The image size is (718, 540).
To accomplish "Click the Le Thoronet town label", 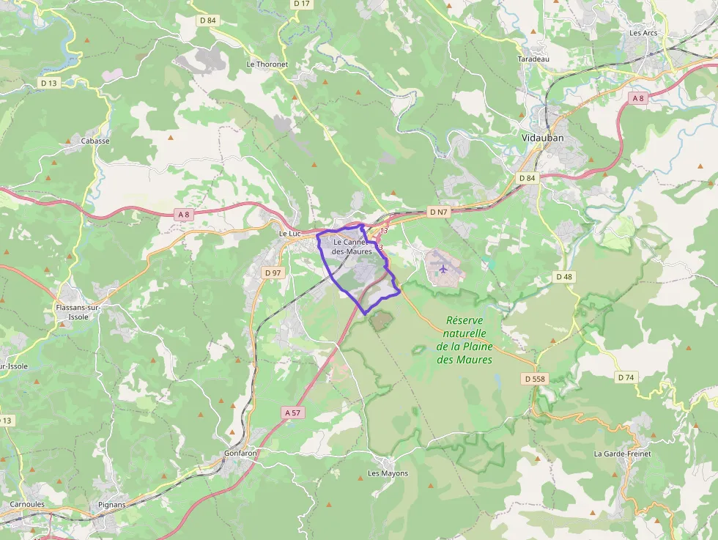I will coord(267,64).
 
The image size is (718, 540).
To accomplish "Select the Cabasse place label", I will coord(95,141).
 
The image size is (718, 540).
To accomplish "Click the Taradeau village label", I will coord(533,59).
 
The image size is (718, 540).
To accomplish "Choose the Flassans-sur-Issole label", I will coord(78,312).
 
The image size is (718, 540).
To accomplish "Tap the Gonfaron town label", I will coord(240,454).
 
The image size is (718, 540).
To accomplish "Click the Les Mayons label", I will coord(388,473).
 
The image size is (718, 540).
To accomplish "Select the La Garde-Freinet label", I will coord(622,454).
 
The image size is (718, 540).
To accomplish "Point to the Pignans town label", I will coord(112,505).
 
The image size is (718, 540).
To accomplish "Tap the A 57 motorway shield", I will coord(292,413).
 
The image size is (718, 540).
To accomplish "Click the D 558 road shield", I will coord(535,379).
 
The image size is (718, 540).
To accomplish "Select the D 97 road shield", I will coord(273,273).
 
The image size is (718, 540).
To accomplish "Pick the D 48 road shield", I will coord(563,276).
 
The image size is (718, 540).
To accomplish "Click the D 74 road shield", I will coord(625,377).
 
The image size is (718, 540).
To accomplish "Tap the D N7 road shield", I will coord(437,212).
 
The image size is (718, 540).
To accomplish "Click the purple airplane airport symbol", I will coord(443,269).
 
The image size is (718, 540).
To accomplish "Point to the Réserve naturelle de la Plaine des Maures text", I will coord(465,340).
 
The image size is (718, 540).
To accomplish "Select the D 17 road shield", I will coord(302,4).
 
